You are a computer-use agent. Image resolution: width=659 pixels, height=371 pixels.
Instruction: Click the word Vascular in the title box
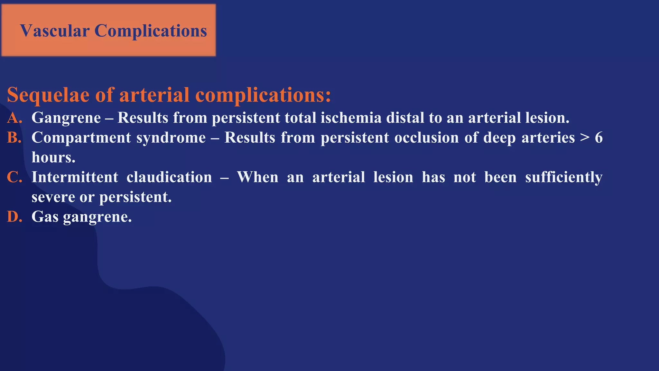click(55, 31)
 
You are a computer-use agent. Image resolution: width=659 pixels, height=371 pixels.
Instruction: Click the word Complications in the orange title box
click(151, 31)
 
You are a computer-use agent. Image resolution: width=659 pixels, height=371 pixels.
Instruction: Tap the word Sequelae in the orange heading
click(49, 95)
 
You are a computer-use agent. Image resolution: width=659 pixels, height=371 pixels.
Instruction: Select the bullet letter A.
click(14, 118)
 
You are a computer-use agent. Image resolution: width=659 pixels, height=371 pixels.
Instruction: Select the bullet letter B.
click(14, 138)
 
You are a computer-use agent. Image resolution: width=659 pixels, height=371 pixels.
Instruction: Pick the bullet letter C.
click(14, 177)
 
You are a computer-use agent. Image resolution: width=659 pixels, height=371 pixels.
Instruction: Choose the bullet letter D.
click(14, 217)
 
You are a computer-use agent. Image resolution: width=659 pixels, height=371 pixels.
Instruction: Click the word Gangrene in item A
click(66, 118)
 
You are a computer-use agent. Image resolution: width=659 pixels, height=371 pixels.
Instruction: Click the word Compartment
click(81, 138)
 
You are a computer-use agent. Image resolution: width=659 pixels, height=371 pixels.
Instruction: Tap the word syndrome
click(171, 138)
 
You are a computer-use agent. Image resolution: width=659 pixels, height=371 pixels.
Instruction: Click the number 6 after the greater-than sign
click(599, 138)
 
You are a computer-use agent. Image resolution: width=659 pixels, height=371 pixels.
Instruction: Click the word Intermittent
click(75, 177)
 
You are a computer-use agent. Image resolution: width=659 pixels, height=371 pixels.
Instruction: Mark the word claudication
click(169, 177)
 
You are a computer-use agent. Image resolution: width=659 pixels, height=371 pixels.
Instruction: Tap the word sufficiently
click(563, 177)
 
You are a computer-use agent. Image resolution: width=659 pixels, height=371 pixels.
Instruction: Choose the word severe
click(53, 197)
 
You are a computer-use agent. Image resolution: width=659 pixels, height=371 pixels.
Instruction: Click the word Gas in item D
click(45, 217)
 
